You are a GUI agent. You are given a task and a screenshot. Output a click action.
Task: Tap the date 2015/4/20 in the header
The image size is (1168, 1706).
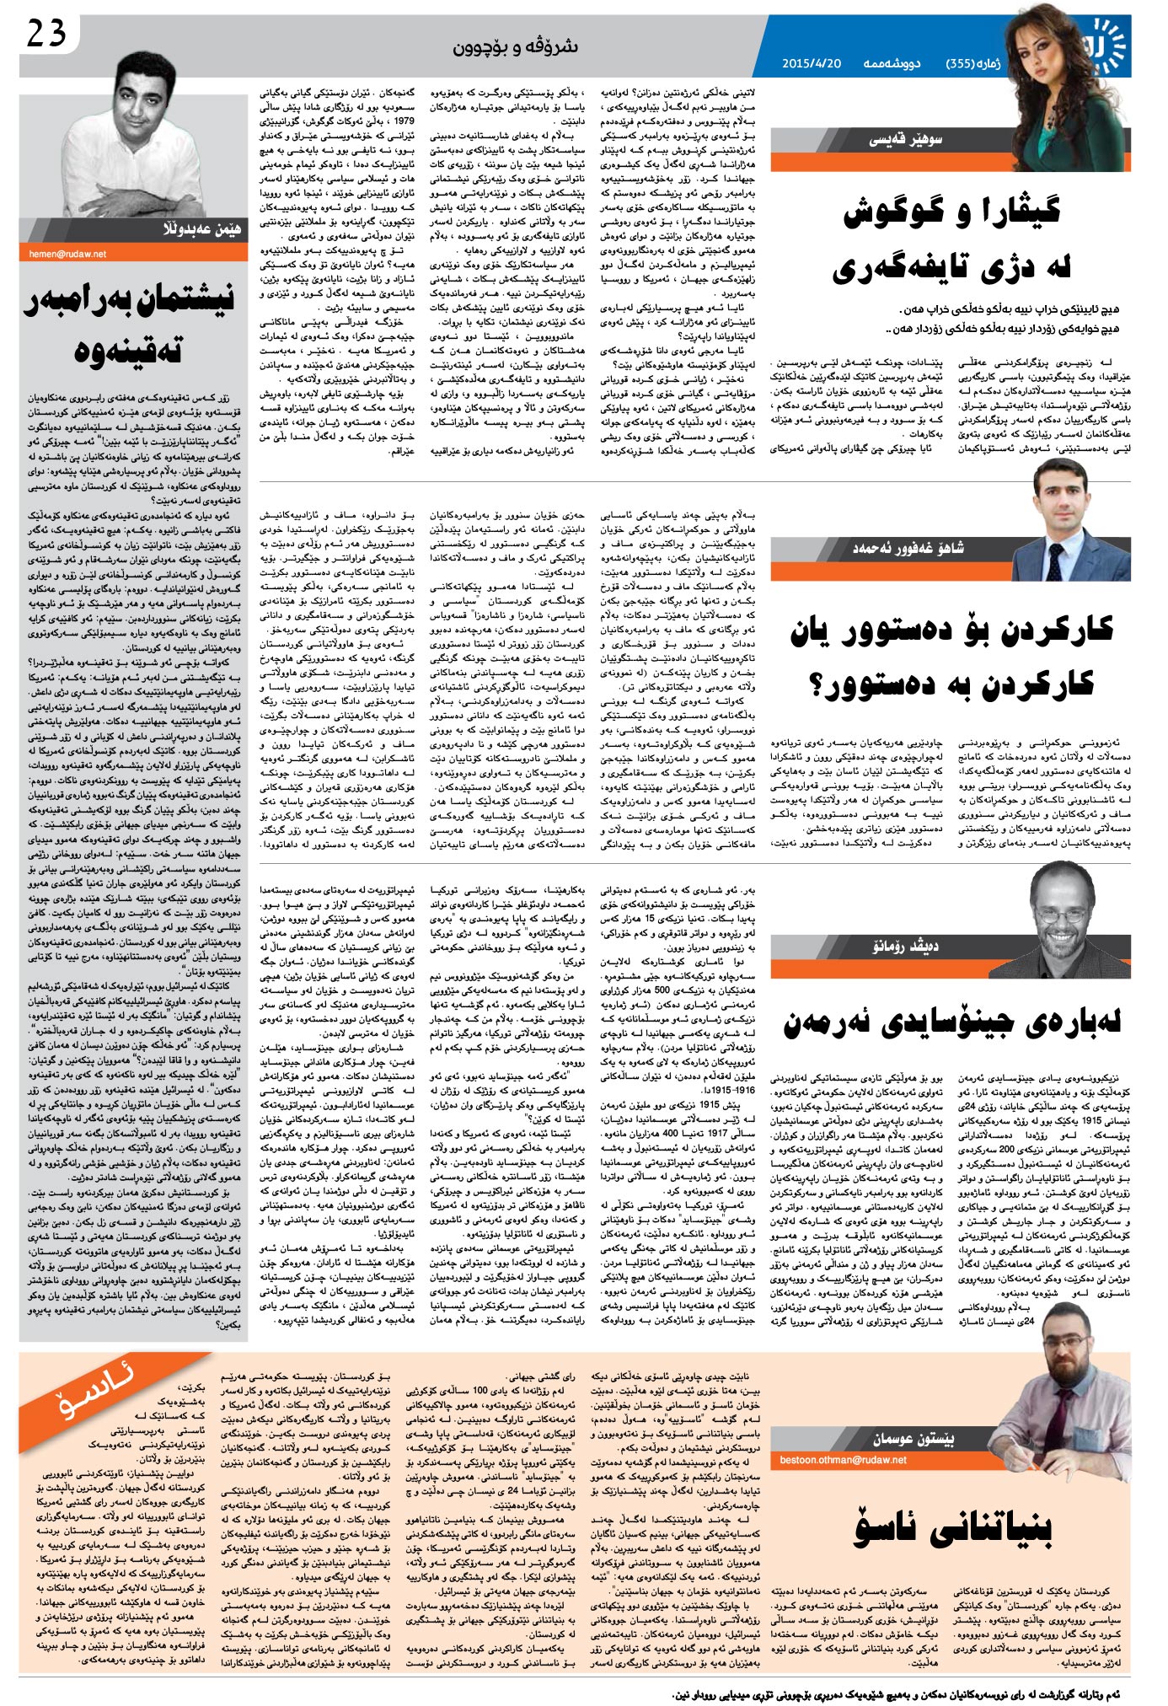pos(812,63)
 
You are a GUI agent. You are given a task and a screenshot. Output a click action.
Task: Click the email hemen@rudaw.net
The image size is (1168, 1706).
pos(67,253)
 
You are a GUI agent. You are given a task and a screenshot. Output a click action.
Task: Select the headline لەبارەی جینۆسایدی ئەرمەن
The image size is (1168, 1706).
pos(952,1022)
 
